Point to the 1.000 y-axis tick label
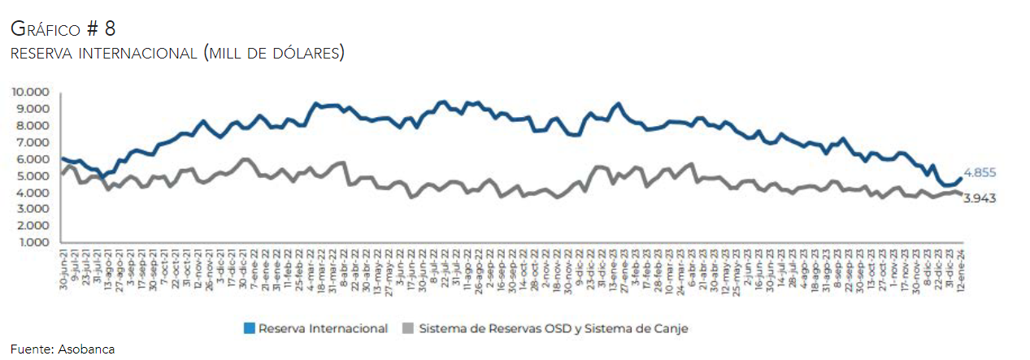[32, 243]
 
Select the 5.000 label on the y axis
[32, 176]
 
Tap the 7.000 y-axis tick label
[32, 142]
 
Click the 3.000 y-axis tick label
[32, 210]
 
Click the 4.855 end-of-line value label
[980, 172]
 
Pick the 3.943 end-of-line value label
[980, 197]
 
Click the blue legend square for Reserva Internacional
[250, 328]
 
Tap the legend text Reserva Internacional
[323, 328]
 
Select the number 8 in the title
[110, 29]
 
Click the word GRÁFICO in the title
[44, 29]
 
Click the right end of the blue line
[960, 177]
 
